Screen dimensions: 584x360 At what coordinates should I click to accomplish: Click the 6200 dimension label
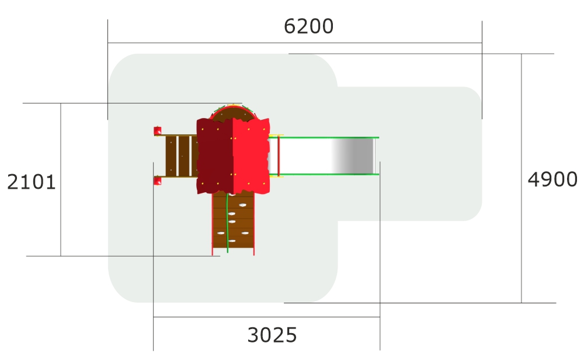(x=308, y=26)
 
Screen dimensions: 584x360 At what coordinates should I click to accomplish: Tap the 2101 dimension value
(x=32, y=182)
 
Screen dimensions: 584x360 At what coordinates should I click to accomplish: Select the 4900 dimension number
(x=552, y=179)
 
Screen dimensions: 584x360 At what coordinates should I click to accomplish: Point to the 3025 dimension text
(x=272, y=335)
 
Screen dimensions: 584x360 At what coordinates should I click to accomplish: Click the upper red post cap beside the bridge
(x=158, y=131)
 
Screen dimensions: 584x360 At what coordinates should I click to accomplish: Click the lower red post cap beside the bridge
(x=158, y=181)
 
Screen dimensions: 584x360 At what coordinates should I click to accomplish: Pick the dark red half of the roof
(x=215, y=156)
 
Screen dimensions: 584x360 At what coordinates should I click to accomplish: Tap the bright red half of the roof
(x=251, y=156)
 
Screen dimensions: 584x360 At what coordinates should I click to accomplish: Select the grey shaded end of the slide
(x=353, y=156)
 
